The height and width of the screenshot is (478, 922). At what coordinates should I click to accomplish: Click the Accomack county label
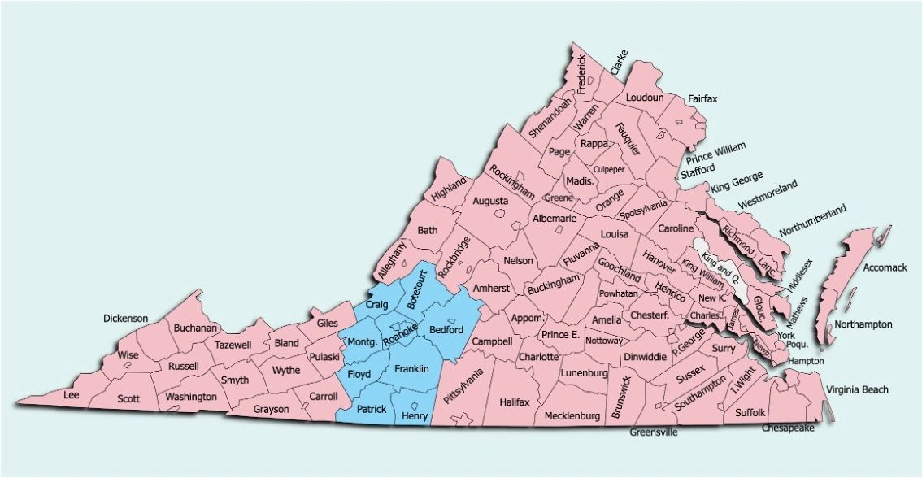[884, 267]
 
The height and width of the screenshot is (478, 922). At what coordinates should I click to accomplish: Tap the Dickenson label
[126, 318]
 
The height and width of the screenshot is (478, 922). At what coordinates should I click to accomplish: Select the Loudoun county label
[645, 98]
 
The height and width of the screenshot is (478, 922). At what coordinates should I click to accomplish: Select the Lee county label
[72, 395]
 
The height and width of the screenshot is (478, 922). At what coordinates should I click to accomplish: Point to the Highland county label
[450, 189]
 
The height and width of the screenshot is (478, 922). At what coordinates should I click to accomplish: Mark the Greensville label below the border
[653, 432]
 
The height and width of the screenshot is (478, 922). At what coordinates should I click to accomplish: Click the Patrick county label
[371, 409]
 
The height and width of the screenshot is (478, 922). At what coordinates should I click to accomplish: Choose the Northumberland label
[812, 220]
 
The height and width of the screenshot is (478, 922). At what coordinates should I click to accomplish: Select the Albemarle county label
[555, 219]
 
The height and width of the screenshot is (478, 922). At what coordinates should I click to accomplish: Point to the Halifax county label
[515, 402]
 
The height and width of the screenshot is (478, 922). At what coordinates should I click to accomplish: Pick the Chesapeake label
[788, 428]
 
